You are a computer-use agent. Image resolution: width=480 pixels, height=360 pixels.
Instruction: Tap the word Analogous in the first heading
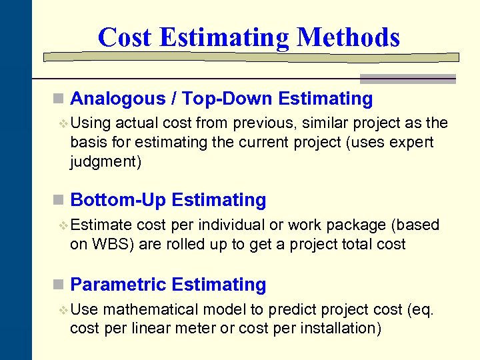[x=117, y=99]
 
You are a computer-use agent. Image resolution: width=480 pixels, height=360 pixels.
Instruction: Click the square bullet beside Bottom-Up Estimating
[x=59, y=200]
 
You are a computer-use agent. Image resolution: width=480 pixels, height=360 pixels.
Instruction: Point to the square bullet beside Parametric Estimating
[x=59, y=285]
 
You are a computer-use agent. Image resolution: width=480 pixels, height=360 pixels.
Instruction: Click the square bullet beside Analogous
[x=59, y=99]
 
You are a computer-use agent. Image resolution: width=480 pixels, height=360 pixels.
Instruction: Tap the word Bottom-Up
[x=118, y=200]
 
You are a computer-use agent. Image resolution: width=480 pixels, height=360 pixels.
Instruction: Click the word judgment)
[x=106, y=162]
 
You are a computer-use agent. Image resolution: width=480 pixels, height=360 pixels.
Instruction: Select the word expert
[x=412, y=142]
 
